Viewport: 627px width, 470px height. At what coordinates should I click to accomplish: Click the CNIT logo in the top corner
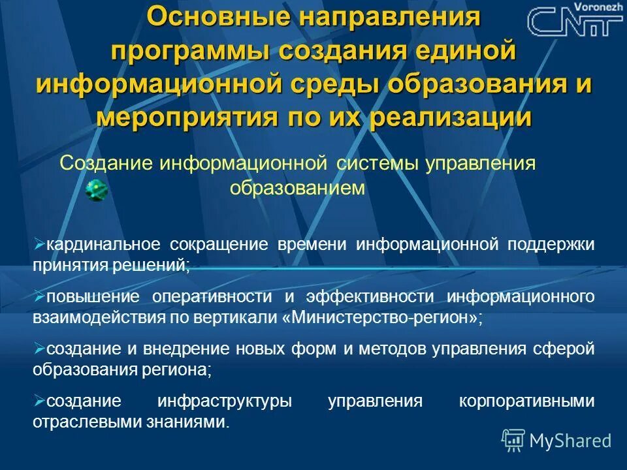pos(574,22)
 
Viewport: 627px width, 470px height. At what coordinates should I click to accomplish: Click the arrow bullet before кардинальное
pos(38,244)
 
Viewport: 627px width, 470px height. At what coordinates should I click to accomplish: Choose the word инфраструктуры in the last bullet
pos(224,401)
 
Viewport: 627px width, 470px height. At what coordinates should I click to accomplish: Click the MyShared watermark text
pos(570,440)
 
